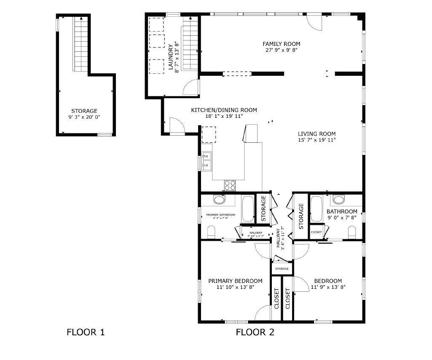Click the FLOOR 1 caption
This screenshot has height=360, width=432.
coord(86,332)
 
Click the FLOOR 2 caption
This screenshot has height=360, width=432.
coord(255,332)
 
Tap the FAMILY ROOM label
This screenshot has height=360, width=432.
coord(281,44)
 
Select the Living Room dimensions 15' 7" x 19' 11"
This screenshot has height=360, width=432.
coord(317,140)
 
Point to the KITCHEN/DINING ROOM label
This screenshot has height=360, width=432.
coord(224,110)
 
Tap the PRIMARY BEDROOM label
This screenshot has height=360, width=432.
coord(235,281)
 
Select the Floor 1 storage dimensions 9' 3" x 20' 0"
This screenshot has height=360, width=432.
coord(84,117)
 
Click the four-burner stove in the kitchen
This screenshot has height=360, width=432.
coord(230,184)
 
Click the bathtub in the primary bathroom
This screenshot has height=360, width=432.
coord(248,209)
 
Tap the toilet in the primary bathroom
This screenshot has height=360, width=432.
coord(211,231)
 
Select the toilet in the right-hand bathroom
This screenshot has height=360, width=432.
coord(352,231)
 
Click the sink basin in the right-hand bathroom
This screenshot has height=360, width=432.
coord(339,199)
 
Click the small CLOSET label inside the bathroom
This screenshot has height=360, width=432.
coord(316,232)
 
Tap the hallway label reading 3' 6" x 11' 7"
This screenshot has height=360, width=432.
coord(281,238)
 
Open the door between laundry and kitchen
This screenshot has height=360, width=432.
coord(190,87)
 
